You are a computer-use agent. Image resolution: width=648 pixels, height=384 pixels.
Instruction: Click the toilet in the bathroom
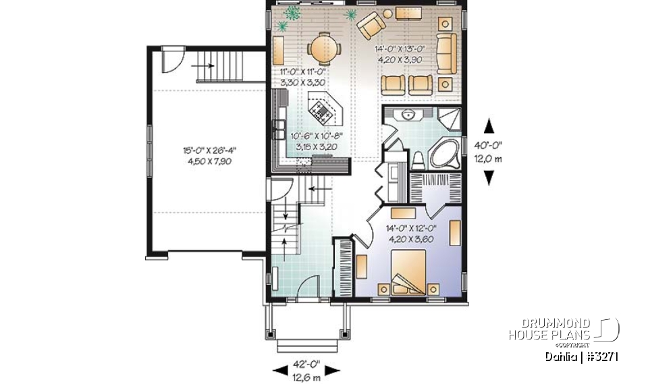[x=418, y=160]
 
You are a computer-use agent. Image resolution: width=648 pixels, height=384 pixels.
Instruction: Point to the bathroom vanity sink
[x=408, y=115]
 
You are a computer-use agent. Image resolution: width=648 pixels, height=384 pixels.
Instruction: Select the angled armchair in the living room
[x=371, y=27]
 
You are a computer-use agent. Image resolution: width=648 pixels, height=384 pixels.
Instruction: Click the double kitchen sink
[x=278, y=127]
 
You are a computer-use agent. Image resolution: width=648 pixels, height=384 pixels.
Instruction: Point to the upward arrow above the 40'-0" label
[x=489, y=126]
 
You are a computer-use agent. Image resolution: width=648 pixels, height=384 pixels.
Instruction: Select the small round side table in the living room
[x=388, y=13]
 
